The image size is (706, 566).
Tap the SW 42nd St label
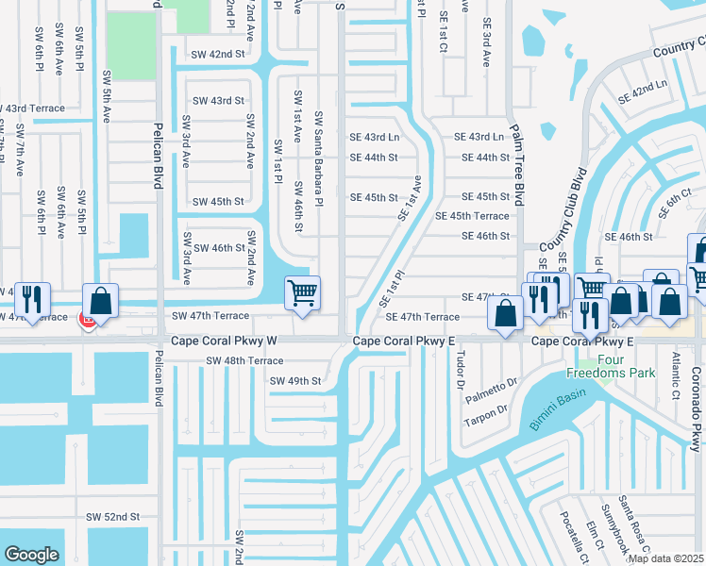tap(215, 55)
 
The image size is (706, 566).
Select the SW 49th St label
tap(295, 381)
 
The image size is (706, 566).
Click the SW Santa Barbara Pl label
tap(319, 158)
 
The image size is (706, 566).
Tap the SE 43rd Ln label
tap(375, 138)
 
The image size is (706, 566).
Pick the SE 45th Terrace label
tap(472, 216)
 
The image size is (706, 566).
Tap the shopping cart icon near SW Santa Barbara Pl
tap(302, 293)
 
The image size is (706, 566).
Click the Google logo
tap(31, 555)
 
